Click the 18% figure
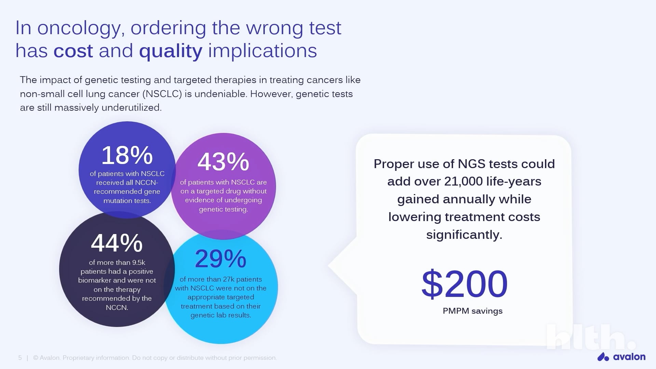[127, 155]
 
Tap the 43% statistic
[223, 162]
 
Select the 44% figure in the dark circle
[117, 243]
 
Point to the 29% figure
[220, 259]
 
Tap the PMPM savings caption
[473, 311]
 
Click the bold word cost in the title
[73, 51]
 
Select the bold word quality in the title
[170, 51]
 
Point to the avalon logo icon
[603, 357]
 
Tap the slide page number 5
[20, 358]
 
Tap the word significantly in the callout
[464, 235]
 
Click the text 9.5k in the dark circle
[138, 262]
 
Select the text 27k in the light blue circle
[232, 279]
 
